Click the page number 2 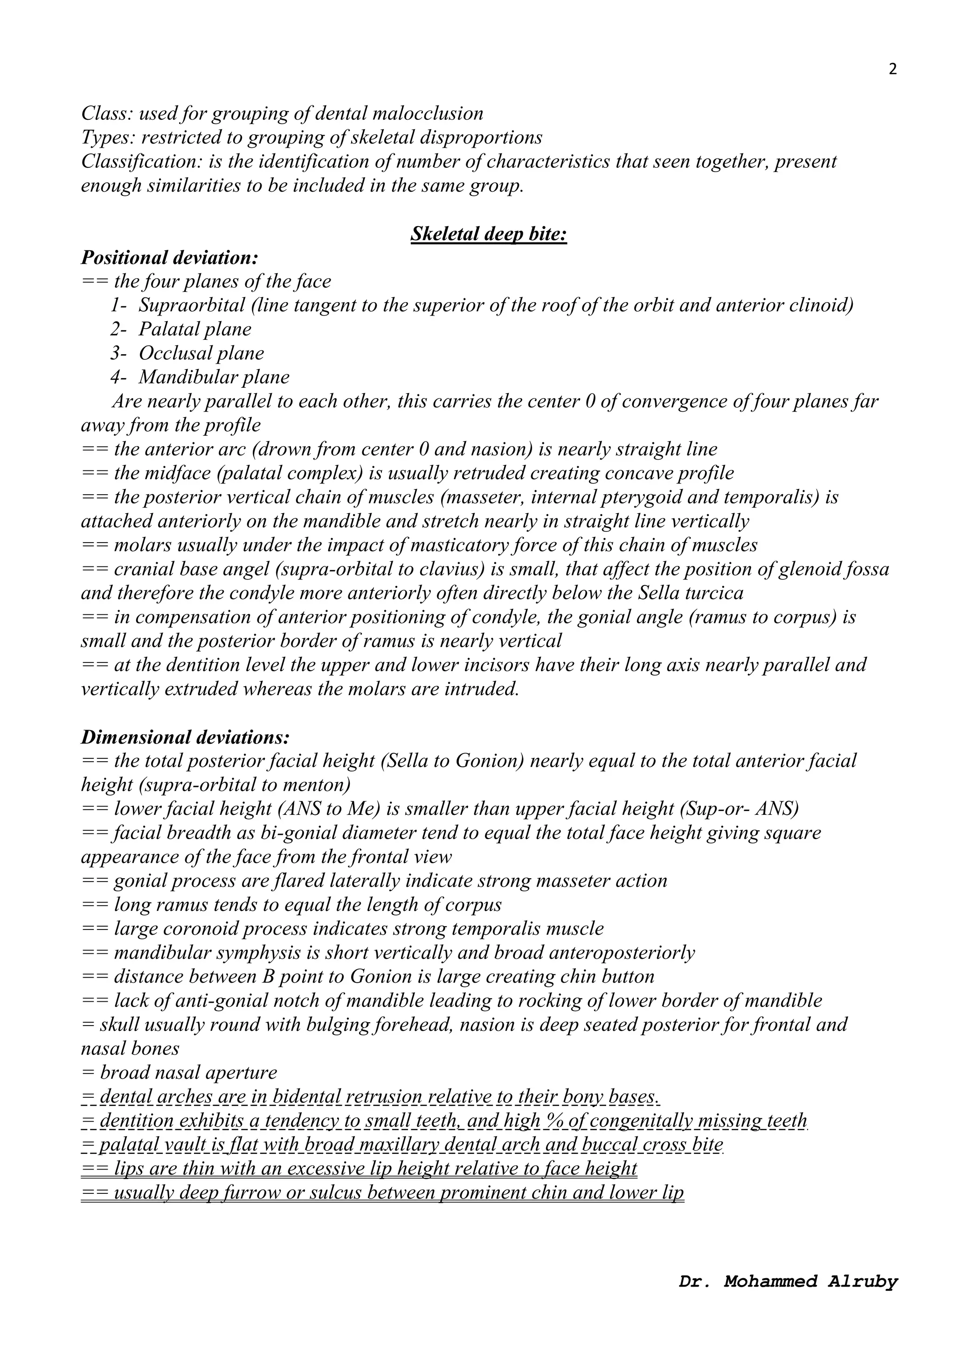892,69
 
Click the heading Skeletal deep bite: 489,234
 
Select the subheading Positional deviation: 169,257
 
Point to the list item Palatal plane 194,329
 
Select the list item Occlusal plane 201,353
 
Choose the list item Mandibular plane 214,378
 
